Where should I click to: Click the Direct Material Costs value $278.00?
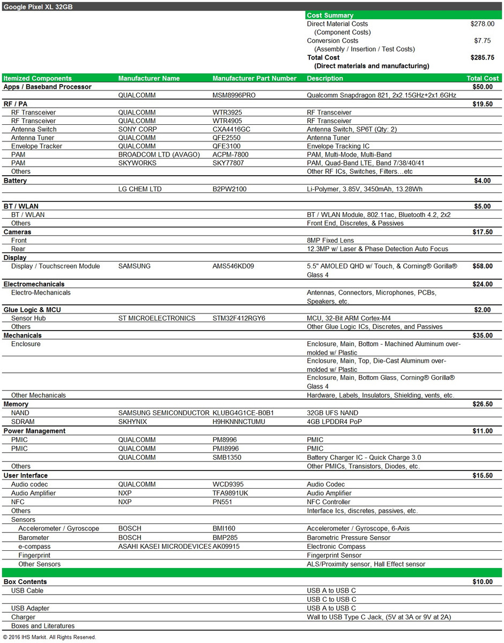tap(482, 24)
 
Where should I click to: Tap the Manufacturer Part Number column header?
tap(254, 78)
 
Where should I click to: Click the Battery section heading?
tap(15, 181)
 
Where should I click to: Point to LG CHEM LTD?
tap(139, 189)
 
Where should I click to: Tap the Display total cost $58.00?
tap(483, 266)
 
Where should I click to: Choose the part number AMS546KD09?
tap(233, 266)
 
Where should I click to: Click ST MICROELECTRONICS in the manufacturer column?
tap(157, 318)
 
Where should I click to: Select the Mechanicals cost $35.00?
tap(483, 335)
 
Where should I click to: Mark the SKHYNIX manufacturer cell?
tap(132, 422)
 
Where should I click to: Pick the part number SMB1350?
tap(228, 458)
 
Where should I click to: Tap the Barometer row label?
tap(33, 537)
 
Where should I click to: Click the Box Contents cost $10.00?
tap(483, 582)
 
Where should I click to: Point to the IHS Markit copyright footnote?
tap(49, 638)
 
